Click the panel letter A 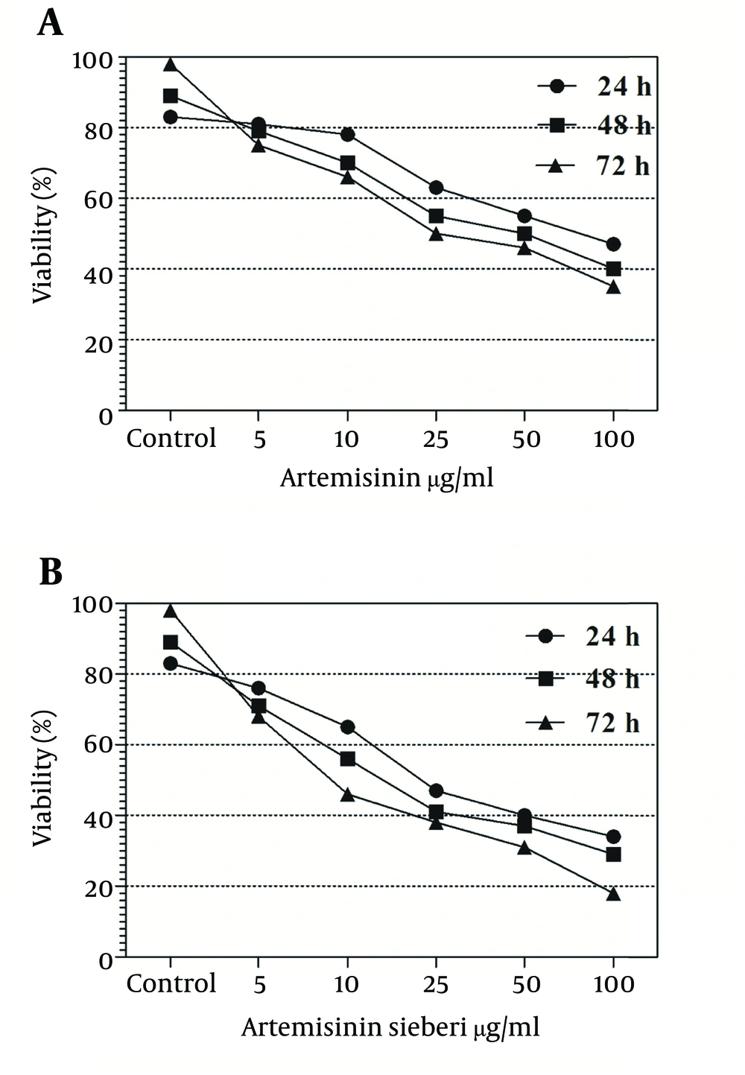tap(50, 23)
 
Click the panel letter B tap(50, 571)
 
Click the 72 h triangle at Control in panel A tap(171, 65)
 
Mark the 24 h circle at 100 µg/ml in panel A tap(613, 244)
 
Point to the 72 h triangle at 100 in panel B tap(613, 894)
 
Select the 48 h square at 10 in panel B tap(347, 759)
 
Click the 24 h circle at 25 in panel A tap(436, 188)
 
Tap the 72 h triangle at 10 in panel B tap(347, 795)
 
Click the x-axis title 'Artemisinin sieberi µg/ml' tap(390, 1027)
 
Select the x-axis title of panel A tap(387, 478)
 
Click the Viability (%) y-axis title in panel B tap(43, 778)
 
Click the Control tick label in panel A tap(171, 438)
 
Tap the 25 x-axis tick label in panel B tap(436, 984)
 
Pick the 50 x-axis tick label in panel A tap(525, 439)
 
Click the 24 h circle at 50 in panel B tap(524, 816)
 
